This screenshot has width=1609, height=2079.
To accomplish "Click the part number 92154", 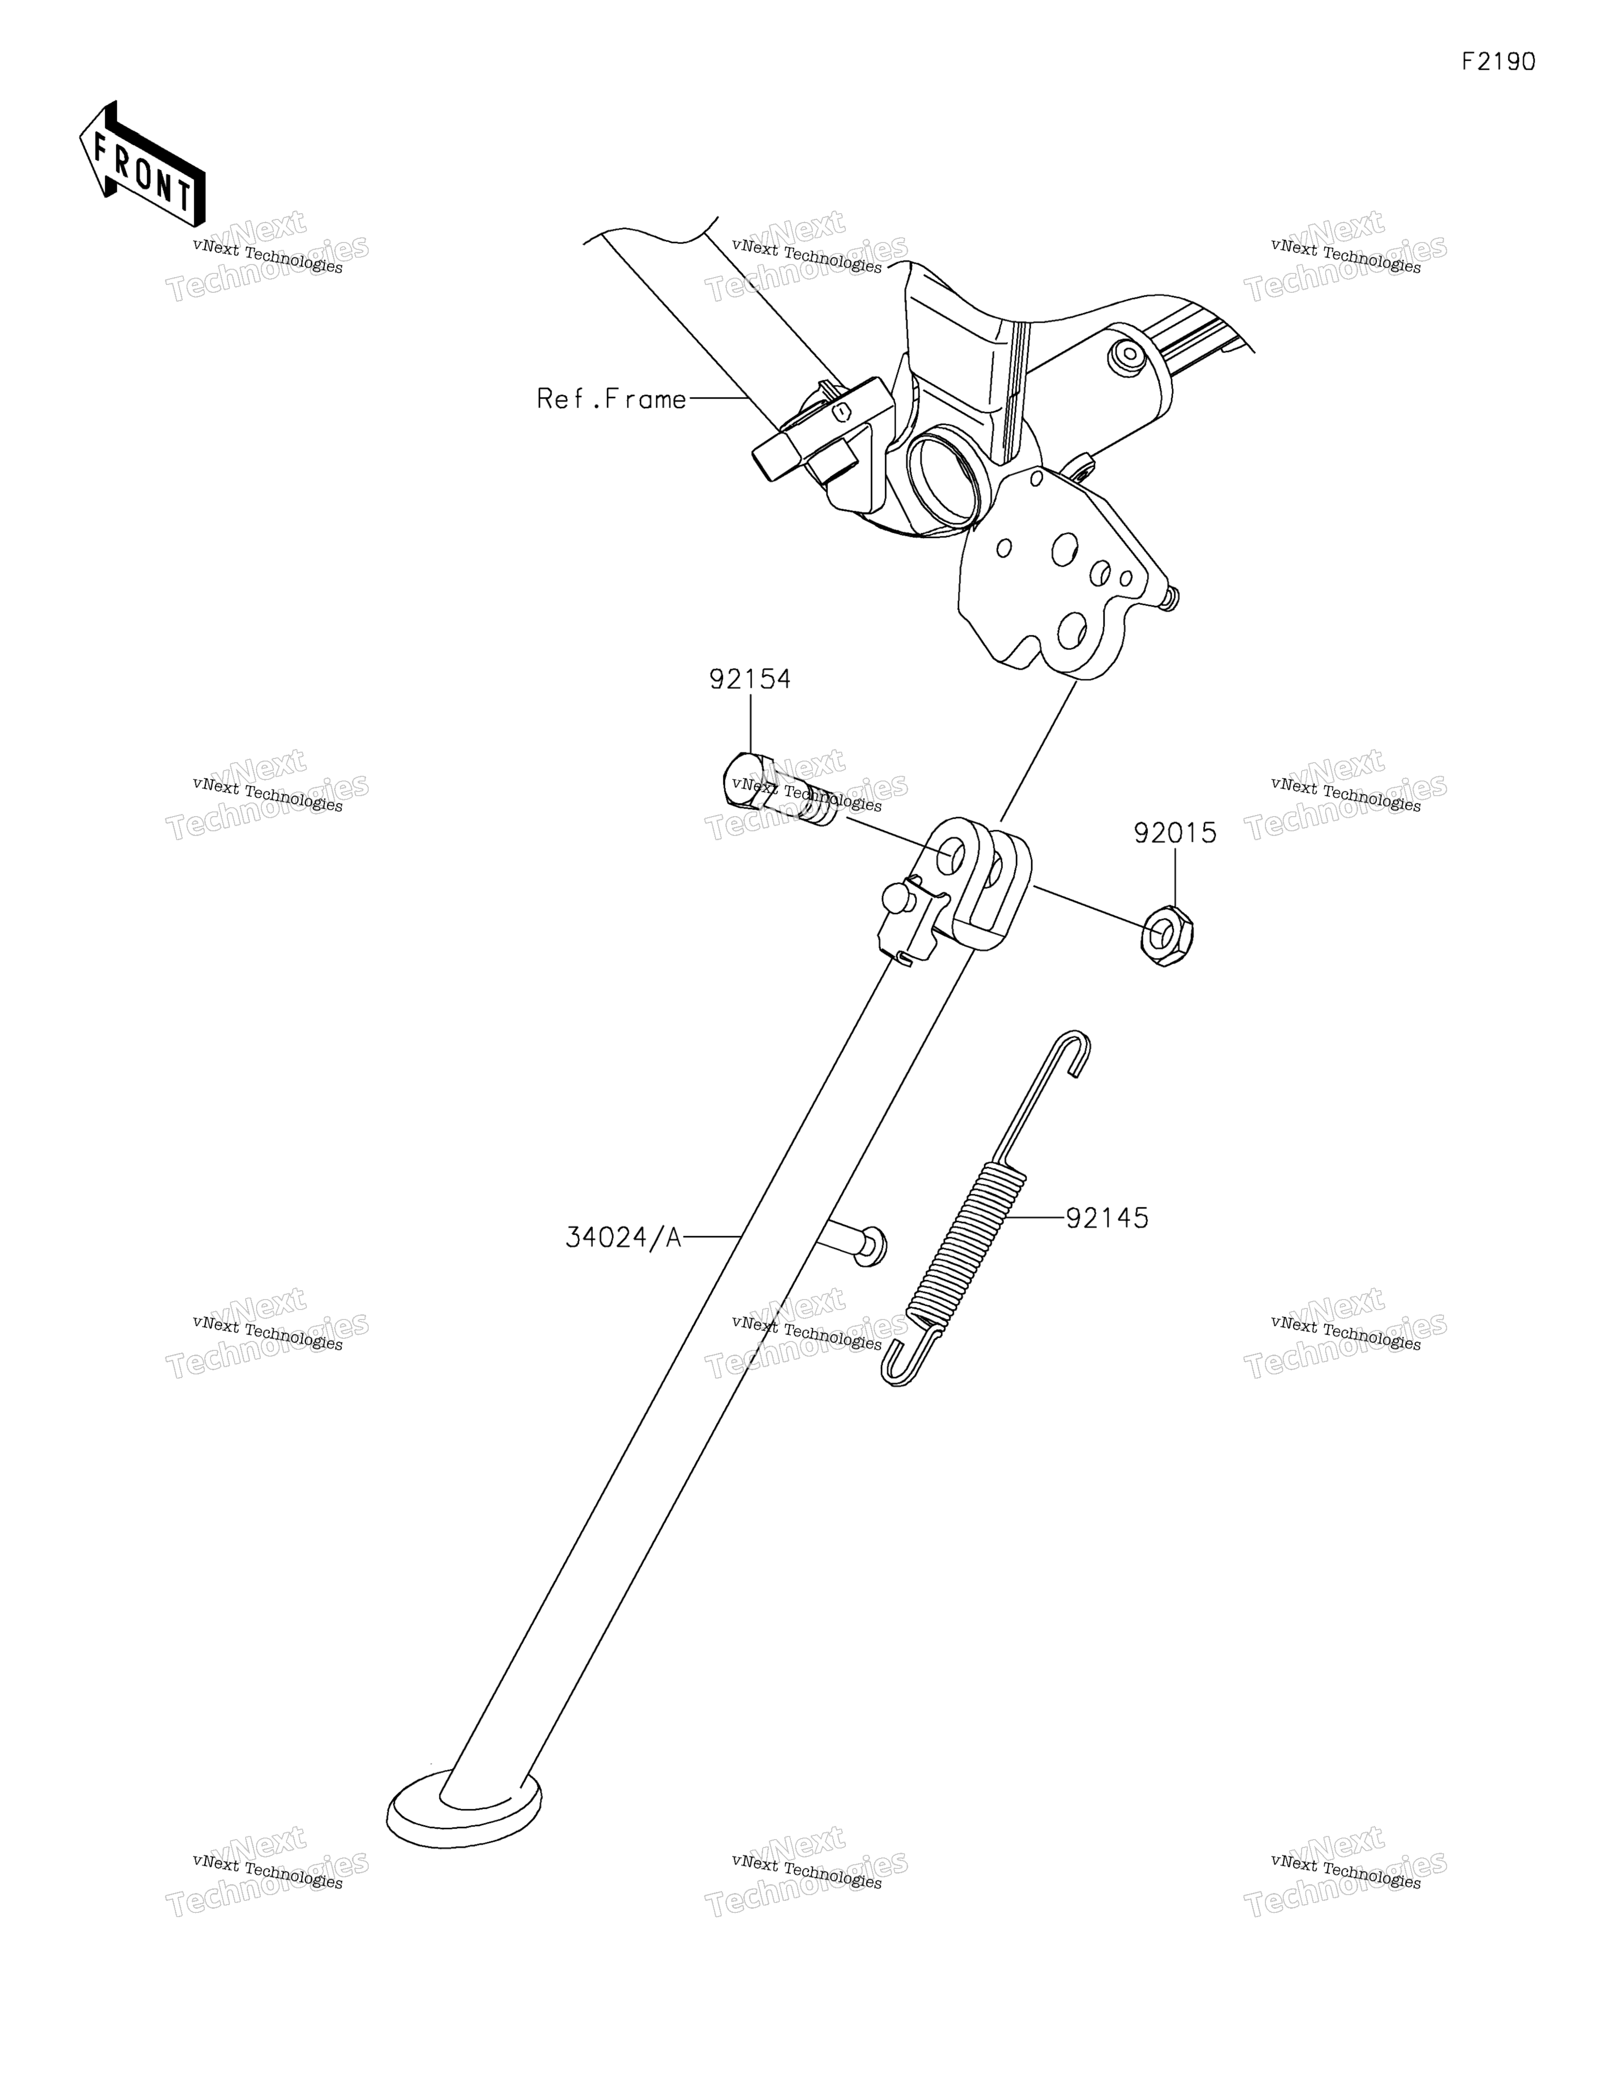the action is pos(750,680).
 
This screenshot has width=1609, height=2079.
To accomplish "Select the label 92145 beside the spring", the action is pos(1107,1218).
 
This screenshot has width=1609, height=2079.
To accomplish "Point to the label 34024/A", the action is pos(624,1237).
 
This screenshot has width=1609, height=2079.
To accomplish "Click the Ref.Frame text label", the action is pos(611,399).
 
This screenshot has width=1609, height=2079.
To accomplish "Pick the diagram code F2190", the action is pos(1498,62).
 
